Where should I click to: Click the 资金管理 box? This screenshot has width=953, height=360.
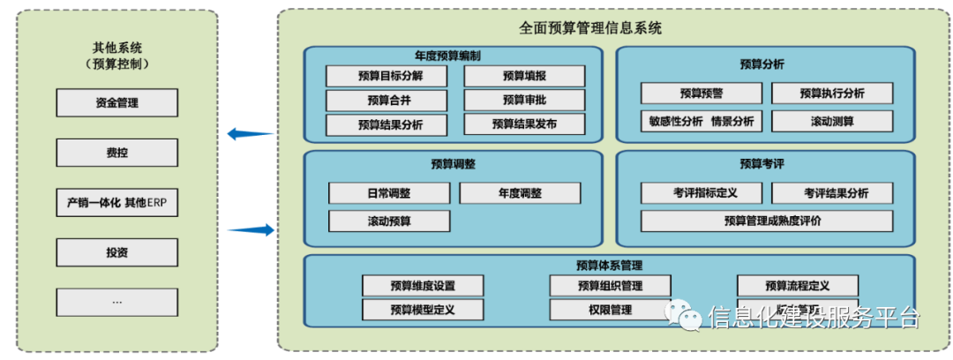[116, 103]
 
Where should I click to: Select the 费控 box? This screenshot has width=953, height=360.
[116, 153]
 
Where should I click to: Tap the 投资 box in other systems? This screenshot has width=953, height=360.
[116, 252]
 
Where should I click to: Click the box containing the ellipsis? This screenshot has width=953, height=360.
[116, 303]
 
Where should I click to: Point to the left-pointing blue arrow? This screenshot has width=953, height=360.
[250, 134]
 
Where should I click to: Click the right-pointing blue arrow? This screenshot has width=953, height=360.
[251, 230]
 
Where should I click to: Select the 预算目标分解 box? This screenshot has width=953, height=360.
[386, 77]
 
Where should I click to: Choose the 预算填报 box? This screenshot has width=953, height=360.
[524, 77]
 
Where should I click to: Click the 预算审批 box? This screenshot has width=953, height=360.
[524, 101]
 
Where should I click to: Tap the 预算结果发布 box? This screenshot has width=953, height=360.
[524, 124]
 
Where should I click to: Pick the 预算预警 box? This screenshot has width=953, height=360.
[702, 94]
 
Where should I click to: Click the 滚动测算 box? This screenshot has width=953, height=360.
[832, 122]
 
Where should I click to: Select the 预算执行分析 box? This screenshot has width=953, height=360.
[832, 94]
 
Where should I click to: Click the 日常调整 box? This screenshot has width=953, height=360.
[389, 193]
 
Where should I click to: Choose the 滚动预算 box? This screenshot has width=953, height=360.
[389, 221]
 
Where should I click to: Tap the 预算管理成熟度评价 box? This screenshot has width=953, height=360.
[767, 221]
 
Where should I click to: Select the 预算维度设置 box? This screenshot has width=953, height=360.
[423, 286]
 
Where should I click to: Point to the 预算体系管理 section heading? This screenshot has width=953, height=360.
[609, 265]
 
